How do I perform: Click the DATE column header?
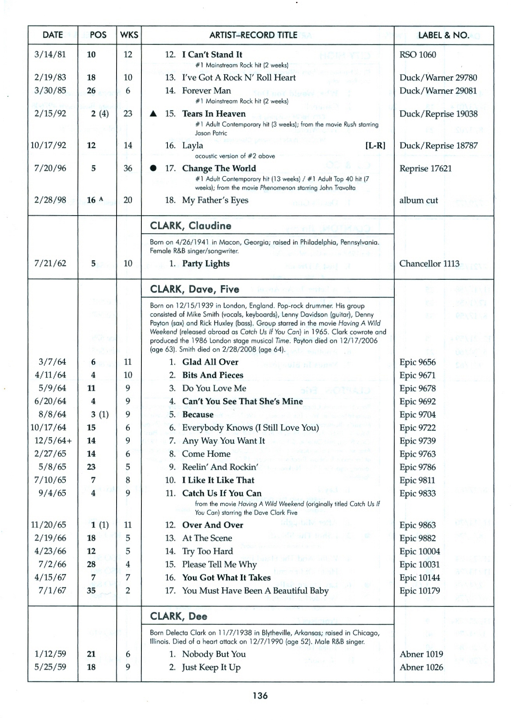coord(52,35)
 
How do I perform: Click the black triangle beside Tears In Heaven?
coord(153,114)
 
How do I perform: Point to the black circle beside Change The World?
coord(153,168)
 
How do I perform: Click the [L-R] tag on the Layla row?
coord(375,146)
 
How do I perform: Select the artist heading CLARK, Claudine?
coord(190,226)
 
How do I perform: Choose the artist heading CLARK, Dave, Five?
coord(195,289)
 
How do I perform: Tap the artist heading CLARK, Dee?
coord(178,617)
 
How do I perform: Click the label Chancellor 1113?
coord(429,264)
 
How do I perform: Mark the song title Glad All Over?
coord(210,362)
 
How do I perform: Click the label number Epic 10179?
coord(420,591)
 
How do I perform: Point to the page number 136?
coord(260,696)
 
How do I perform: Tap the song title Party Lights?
coord(206,264)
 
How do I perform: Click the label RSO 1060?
coord(418,55)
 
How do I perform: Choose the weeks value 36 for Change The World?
coord(128,168)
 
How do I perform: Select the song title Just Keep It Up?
coord(211,667)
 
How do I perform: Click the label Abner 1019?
coord(421,654)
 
